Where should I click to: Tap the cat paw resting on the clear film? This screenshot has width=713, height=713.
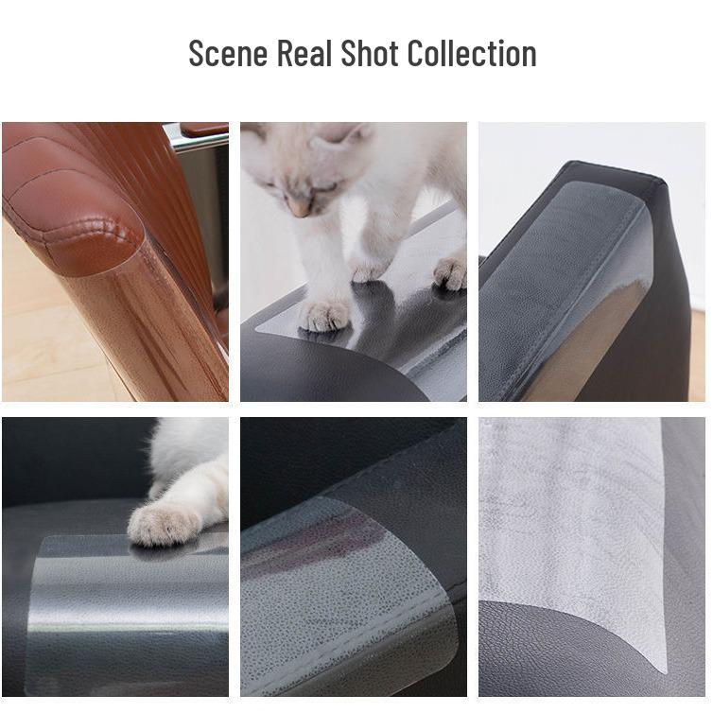(163, 523)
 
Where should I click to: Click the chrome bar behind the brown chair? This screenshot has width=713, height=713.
(199, 140)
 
